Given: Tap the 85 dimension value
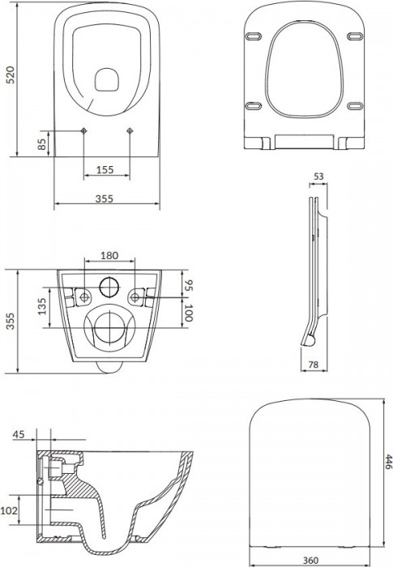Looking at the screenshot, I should [x=41, y=145].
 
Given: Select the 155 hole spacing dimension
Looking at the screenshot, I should [x=105, y=170].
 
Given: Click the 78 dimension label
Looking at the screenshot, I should [x=313, y=366].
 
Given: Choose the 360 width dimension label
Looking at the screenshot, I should [x=305, y=559].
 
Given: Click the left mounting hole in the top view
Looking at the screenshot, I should [x=85, y=131].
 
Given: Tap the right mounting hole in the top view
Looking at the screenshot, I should [x=130, y=131].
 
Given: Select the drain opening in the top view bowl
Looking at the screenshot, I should [x=107, y=79].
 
